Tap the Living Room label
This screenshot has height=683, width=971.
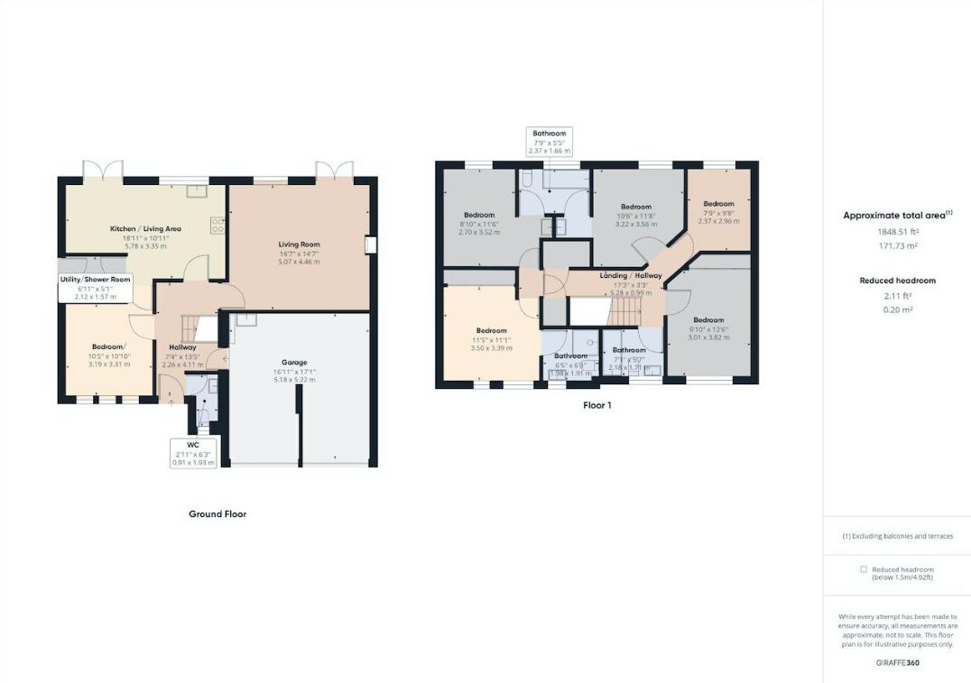coord(299,245)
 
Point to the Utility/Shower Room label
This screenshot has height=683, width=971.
coord(95,280)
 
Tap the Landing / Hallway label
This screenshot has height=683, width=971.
coord(631,276)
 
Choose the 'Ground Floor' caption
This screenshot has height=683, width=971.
coord(217,514)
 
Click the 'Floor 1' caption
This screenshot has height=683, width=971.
coord(596,405)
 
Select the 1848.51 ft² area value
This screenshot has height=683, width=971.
coord(896,231)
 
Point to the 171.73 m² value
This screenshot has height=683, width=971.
coord(896,245)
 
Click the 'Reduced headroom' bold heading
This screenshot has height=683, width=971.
coord(897,281)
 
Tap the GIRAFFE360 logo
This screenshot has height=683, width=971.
coord(897,663)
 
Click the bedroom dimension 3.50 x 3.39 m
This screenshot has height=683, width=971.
coord(492,347)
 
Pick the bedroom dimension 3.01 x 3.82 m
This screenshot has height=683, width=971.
coord(708,338)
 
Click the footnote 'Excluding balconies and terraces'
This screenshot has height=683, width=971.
coord(897,536)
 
